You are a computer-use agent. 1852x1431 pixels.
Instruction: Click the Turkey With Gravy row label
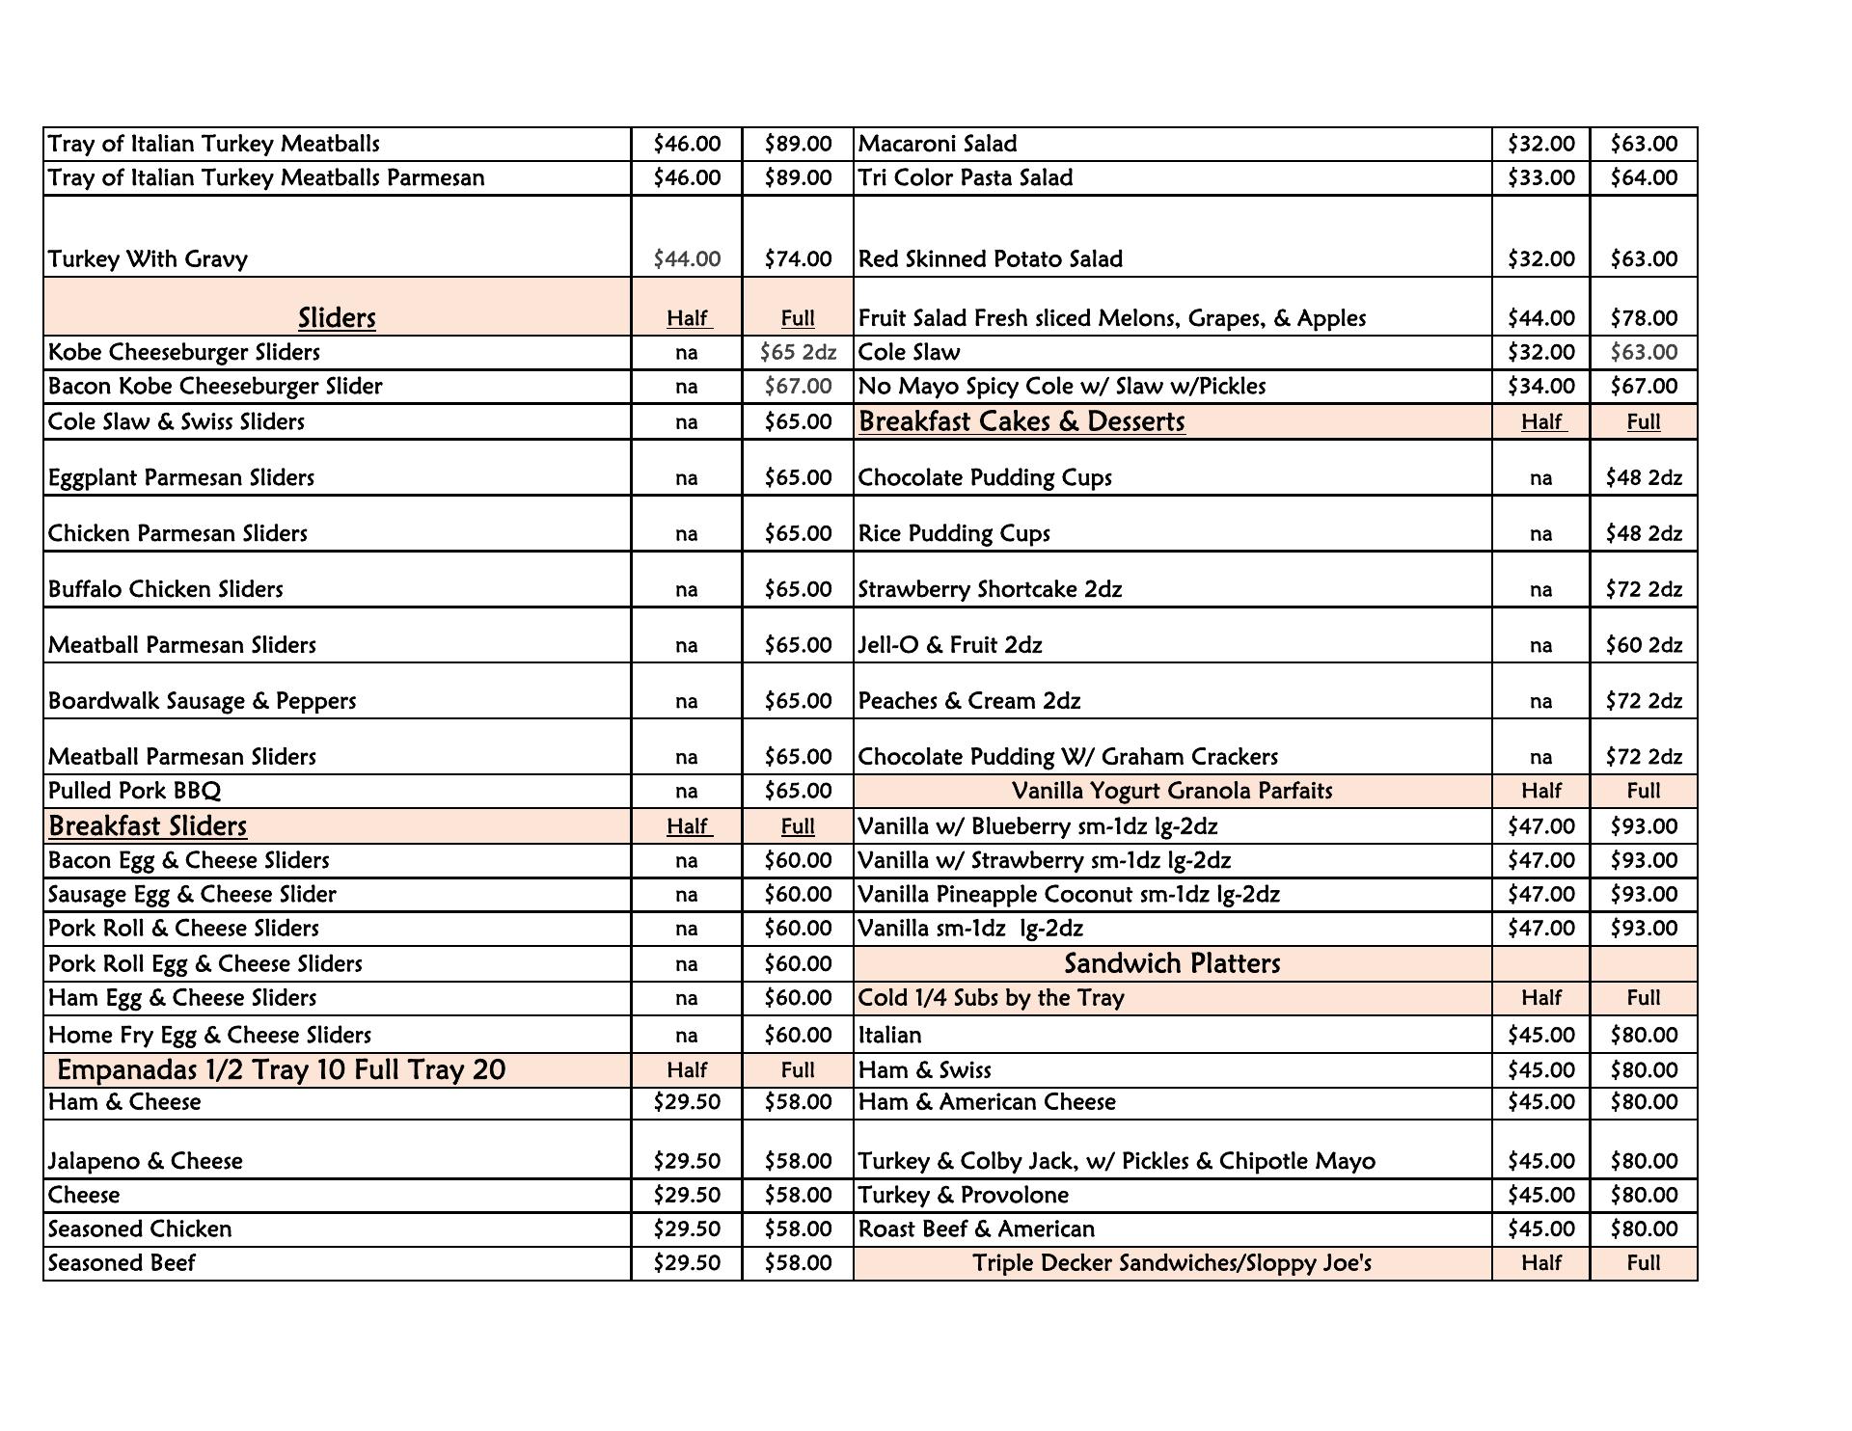point(148,258)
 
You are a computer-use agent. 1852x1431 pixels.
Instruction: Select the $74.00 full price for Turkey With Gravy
point(798,258)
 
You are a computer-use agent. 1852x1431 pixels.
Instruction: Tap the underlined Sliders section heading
point(337,317)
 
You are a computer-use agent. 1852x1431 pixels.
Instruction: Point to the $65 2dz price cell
point(798,352)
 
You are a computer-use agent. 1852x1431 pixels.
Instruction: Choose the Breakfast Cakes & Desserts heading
point(1021,421)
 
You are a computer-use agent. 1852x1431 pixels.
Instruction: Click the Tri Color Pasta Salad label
point(965,177)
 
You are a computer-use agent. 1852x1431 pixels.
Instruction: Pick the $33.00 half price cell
point(1540,177)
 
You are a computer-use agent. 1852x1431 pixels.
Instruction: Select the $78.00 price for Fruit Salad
point(1644,317)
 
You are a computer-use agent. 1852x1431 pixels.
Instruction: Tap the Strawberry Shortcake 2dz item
point(990,589)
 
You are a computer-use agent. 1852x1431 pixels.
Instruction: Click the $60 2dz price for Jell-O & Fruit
point(1644,645)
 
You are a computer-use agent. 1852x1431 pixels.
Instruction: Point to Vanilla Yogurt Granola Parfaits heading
point(1172,791)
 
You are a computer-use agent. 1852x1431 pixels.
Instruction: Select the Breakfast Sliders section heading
point(148,825)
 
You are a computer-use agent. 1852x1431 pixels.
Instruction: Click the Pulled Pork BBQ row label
point(134,791)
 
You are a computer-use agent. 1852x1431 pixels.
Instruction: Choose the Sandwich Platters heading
point(1172,963)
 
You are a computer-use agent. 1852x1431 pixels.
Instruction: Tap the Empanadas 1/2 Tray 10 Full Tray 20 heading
point(281,1069)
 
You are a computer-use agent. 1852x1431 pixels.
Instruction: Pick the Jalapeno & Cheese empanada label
point(145,1161)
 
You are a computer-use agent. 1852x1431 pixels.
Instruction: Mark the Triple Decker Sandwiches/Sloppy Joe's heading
point(1172,1263)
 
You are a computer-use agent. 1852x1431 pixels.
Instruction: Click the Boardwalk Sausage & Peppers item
point(202,701)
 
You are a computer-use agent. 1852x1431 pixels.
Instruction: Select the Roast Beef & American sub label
point(976,1228)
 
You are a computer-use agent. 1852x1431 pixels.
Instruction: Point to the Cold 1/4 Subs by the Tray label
point(991,998)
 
